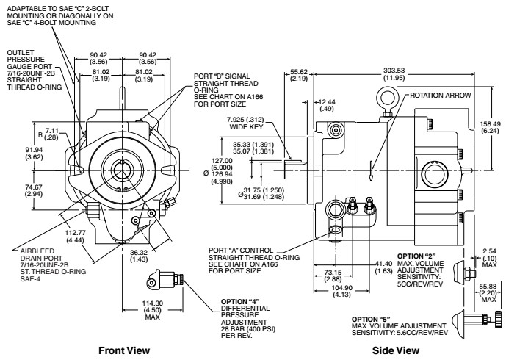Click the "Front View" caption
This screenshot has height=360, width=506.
[129, 351]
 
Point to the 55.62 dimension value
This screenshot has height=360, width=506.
[299, 71]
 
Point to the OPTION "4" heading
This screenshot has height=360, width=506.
[239, 300]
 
